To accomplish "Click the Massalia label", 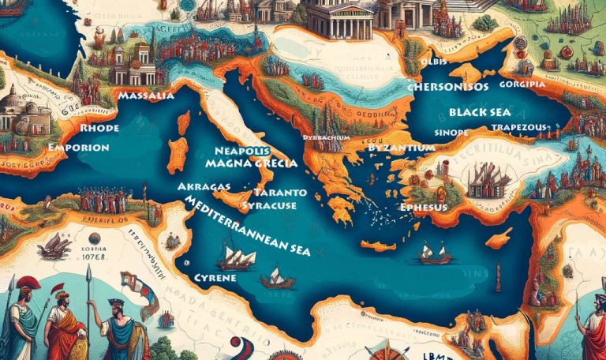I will point(145,96).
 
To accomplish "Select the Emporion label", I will point(77,147).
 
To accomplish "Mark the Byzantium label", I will point(402,148).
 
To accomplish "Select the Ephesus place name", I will point(424,207).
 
